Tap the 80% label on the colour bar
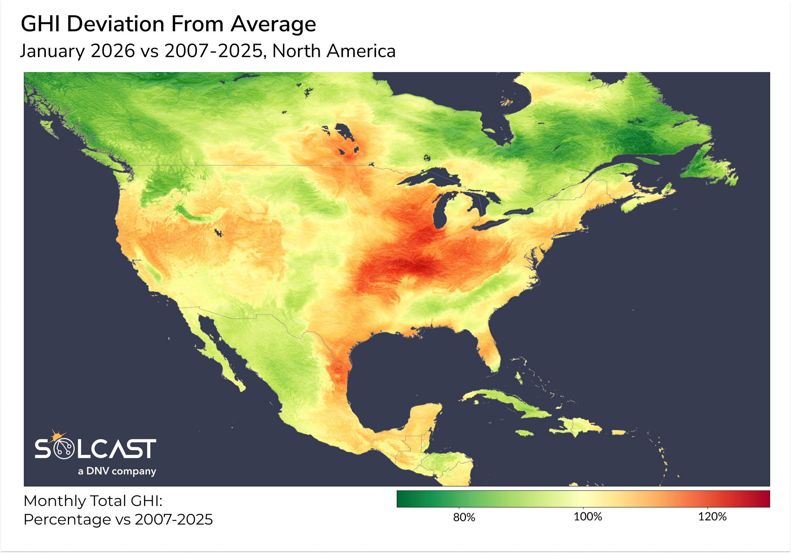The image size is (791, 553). click(x=464, y=517)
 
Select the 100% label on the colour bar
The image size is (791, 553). click(x=587, y=517)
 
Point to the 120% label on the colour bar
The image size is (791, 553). click(x=712, y=517)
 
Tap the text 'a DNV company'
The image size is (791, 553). click(x=117, y=471)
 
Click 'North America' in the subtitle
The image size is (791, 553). click(x=334, y=51)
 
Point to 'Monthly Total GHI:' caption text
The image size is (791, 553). click(x=93, y=501)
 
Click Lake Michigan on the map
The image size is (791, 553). click(x=440, y=212)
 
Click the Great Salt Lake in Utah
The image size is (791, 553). click(x=217, y=232)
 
